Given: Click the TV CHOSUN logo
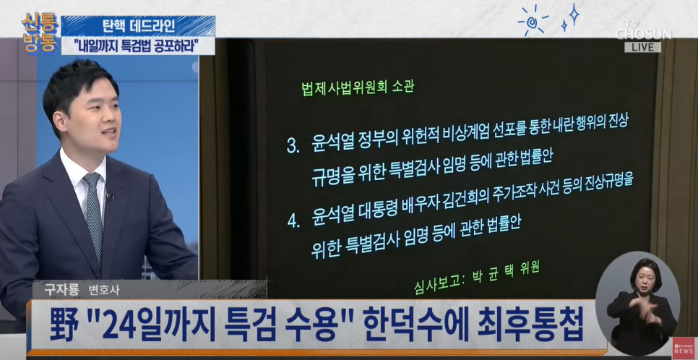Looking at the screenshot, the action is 643,30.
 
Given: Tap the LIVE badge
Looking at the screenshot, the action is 642,47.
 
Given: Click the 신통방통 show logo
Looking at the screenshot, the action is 40,31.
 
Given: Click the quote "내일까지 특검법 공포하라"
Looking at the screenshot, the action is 138,46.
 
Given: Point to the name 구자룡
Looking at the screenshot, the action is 61,290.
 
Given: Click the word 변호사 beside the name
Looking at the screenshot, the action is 104,290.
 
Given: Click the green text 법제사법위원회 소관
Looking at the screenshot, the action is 358,87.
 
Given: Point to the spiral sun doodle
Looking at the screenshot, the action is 533,20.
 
